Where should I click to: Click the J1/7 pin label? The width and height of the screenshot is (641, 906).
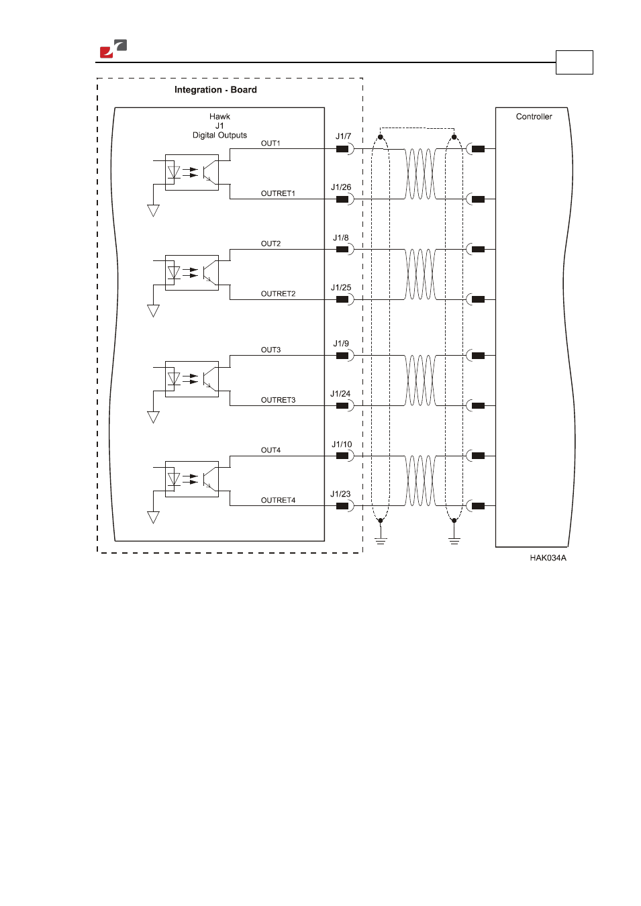coord(343,136)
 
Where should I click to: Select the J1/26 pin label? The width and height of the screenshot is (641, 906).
coord(341,187)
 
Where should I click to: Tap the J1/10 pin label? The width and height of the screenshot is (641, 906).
coord(342,444)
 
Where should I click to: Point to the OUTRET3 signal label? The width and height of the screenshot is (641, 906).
coord(278,400)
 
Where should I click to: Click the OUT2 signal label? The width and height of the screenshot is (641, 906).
coord(270,244)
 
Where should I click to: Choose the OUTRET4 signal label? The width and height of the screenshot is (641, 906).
coord(278,501)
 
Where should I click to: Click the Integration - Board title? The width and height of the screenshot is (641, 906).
coord(215,90)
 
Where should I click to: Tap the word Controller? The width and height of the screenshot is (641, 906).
coord(534,117)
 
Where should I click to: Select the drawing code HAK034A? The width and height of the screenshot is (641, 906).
coord(548,558)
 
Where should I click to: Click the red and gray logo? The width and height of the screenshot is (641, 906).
coord(113,48)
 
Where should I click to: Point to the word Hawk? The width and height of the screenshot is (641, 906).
coord(219,117)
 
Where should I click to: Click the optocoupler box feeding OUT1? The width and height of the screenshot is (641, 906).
coord(192,172)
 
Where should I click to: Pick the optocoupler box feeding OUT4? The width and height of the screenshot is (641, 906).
coord(192,479)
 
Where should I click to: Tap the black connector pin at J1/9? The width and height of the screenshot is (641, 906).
coord(342,356)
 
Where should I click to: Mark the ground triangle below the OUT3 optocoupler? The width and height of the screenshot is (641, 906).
coord(153,417)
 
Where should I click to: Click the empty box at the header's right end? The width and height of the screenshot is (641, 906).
coord(575,62)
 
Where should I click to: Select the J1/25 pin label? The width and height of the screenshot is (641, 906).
coord(341,288)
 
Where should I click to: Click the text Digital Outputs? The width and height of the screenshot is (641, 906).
coord(219,135)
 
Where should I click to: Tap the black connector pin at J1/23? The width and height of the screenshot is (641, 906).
coord(342,506)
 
